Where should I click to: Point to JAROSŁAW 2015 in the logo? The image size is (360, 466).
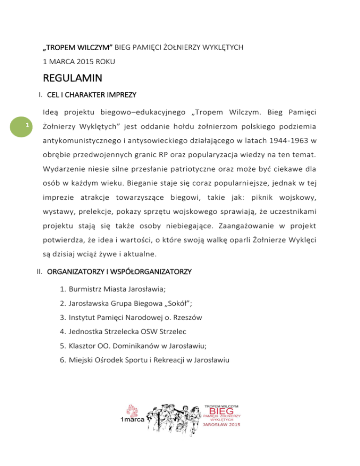[222, 425]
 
